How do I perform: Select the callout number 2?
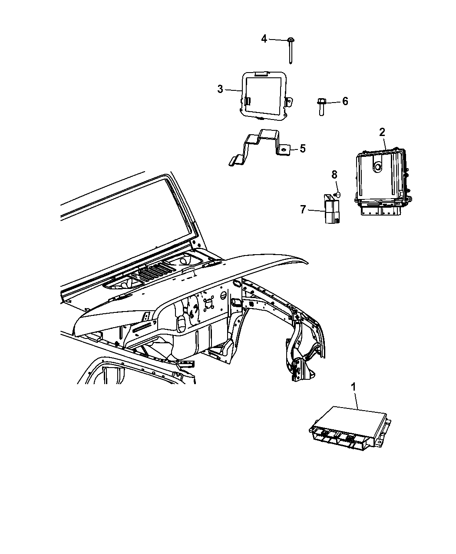coord(382,132)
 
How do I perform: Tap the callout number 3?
coord(220,89)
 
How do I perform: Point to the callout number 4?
coord(264,39)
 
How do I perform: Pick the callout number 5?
coord(303,149)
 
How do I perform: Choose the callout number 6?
coord(345,101)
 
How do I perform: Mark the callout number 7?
coord(303,209)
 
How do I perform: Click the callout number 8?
coord(334,175)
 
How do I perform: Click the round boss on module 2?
coord(377,167)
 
